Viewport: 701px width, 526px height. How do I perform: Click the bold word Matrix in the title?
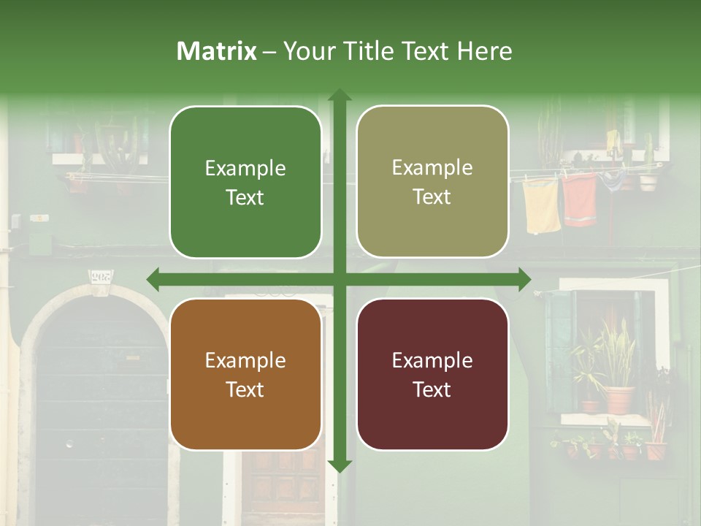click(217, 51)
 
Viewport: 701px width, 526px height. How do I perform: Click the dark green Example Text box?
click(245, 182)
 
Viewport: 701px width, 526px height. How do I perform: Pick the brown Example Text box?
click(245, 374)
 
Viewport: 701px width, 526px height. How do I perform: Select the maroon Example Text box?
click(432, 374)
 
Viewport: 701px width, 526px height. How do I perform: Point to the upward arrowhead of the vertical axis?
click(340, 95)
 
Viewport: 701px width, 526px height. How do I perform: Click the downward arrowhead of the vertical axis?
click(340, 465)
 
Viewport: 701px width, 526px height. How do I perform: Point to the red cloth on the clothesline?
click(580, 199)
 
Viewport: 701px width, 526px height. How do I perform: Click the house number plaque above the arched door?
click(101, 278)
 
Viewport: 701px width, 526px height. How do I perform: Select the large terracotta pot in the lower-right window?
click(618, 399)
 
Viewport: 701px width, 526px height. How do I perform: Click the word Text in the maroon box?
click(432, 389)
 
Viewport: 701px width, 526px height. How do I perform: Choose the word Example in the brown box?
click(245, 360)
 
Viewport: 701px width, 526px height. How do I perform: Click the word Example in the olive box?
click(432, 167)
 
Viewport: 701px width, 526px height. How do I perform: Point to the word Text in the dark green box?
click(245, 197)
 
